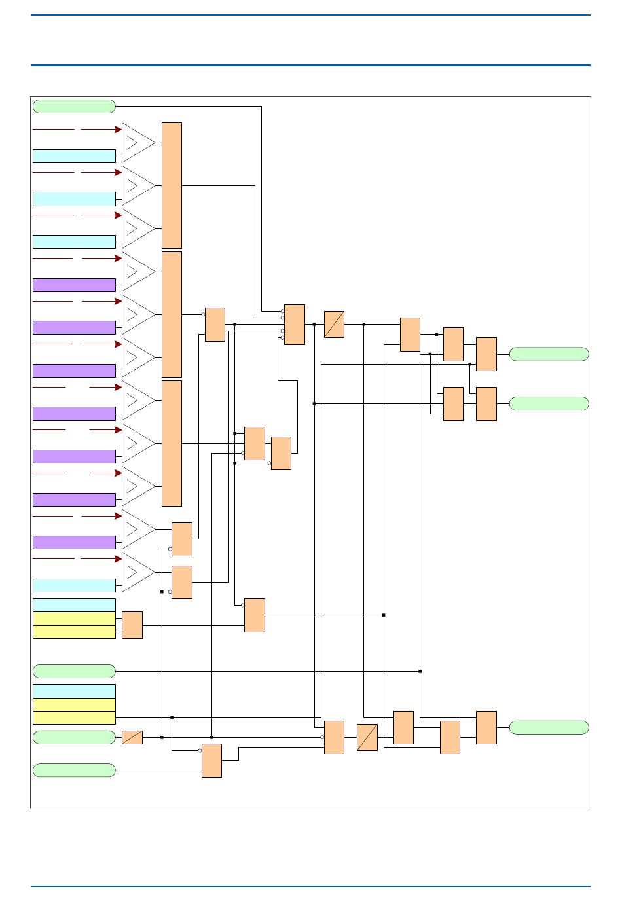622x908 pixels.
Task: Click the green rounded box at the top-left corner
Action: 74,106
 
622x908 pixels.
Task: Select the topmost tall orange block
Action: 172,185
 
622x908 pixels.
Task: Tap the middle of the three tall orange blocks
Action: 172,314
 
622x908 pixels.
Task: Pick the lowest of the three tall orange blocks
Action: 172,443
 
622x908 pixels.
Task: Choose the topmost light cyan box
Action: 74,156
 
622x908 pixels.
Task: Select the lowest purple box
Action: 74,542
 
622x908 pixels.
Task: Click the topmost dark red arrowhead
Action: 119,130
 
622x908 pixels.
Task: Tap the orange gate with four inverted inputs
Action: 295,324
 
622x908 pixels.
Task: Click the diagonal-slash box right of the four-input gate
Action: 334,324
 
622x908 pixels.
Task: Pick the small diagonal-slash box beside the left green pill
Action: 132,737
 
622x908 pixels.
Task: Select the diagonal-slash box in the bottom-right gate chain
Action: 367,737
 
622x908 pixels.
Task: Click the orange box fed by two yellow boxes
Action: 132,625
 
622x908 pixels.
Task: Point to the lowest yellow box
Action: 74,717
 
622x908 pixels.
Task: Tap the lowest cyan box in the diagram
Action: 74,691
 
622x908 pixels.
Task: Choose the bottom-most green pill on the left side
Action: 74,770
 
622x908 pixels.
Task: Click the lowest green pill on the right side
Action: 549,727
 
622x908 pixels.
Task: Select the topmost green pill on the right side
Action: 549,354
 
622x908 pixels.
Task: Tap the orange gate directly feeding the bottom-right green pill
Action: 486,727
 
